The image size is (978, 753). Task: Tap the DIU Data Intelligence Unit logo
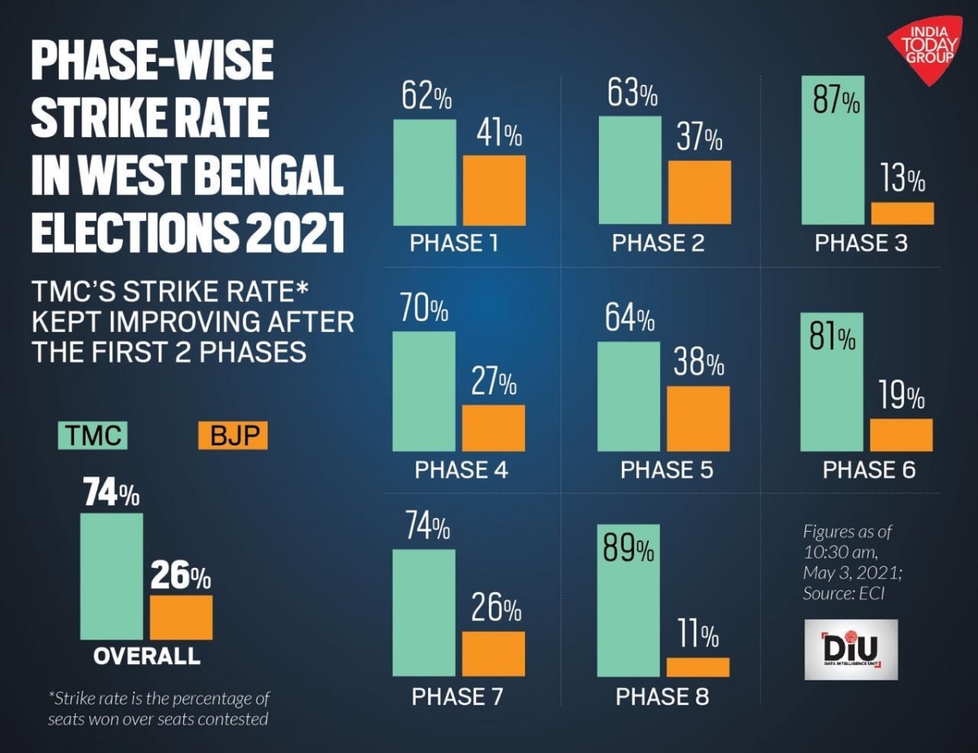coord(850,649)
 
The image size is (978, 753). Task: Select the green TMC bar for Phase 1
coord(425,172)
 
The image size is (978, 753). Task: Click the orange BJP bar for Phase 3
coord(902,213)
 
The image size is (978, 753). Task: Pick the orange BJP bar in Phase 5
coord(698,419)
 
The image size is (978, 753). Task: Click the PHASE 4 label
coord(460,471)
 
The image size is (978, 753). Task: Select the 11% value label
coord(697,635)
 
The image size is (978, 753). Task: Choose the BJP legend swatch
coord(232,436)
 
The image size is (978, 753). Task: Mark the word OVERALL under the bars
coord(146,655)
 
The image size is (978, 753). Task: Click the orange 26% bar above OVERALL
coord(181,618)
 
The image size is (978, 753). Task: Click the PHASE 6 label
coord(869,471)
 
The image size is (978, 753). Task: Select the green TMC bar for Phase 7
coord(425,613)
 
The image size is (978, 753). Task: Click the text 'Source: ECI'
coord(844,594)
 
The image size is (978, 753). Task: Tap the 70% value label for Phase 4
coord(424,312)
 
